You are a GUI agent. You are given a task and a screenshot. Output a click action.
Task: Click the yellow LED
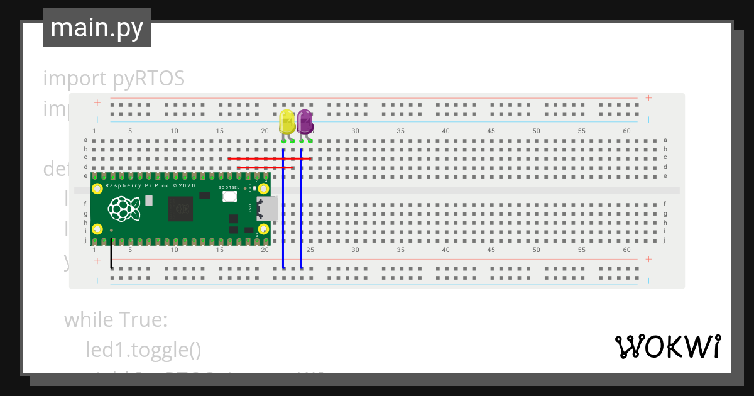tap(287, 122)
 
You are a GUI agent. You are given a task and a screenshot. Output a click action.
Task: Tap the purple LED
tap(305, 121)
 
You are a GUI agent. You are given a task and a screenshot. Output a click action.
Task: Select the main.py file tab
tap(97, 28)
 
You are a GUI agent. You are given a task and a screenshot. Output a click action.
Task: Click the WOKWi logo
tap(667, 346)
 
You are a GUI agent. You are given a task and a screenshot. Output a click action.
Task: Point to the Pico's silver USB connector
tap(268, 208)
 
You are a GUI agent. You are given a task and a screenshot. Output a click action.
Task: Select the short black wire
tap(111, 255)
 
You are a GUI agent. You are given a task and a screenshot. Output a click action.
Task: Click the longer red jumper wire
tap(270, 159)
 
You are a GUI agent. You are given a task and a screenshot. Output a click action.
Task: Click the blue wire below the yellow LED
tap(283, 207)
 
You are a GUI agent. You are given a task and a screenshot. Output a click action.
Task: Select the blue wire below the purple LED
tap(302, 207)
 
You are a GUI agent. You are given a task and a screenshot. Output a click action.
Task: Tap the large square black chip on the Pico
tap(181, 208)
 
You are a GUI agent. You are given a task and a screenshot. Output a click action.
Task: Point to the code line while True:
tap(116, 320)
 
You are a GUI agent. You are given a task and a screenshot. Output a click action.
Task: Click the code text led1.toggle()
tap(143, 349)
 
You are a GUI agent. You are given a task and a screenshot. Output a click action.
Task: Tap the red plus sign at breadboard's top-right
tap(648, 98)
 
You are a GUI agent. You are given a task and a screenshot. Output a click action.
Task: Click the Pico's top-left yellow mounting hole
tap(97, 188)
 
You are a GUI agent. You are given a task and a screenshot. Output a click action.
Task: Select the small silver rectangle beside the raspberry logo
tap(148, 201)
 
